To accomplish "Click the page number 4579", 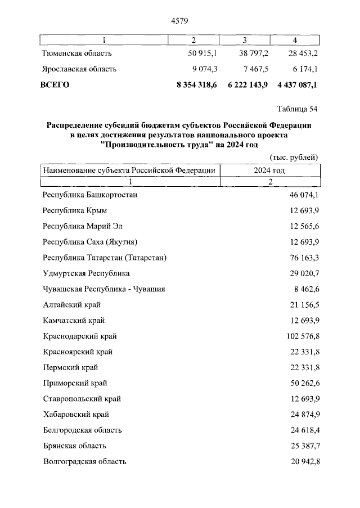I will (x=179, y=21).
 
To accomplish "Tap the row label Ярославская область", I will (x=79, y=69).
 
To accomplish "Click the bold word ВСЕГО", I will (x=55, y=85).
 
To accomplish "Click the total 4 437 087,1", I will (x=298, y=85).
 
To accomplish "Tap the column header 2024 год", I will (x=269, y=170).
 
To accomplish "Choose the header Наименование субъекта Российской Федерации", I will (x=129, y=170).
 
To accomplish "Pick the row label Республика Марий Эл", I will (x=82, y=226).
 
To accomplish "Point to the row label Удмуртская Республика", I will (x=86, y=273).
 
